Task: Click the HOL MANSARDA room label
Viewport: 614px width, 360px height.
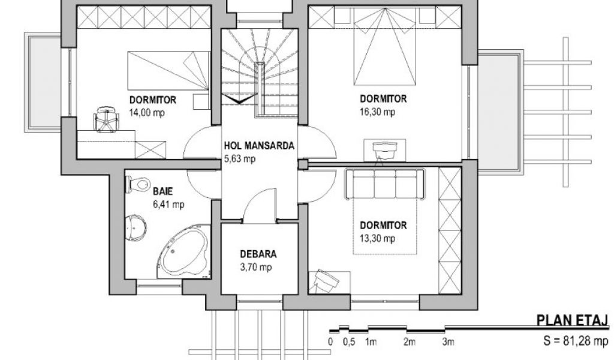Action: click(259, 146)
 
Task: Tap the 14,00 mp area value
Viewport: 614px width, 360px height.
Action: click(148, 113)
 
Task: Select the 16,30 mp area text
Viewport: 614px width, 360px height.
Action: click(378, 112)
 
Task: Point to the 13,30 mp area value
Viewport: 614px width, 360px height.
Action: click(378, 239)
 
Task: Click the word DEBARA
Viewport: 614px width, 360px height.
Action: click(258, 254)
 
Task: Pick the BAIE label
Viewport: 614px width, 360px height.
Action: click(163, 191)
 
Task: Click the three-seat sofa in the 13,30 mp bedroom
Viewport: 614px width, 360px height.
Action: click(384, 184)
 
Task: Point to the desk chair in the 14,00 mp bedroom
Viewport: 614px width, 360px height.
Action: click(106, 118)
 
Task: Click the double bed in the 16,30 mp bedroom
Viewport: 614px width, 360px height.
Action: click(385, 47)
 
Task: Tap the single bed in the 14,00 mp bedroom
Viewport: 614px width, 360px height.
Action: click(168, 71)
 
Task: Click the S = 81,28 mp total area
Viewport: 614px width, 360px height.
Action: click(576, 340)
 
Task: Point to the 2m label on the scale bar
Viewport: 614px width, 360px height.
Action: click(409, 342)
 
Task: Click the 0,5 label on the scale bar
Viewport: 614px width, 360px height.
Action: click(349, 342)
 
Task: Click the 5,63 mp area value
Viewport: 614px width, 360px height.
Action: click(240, 159)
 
